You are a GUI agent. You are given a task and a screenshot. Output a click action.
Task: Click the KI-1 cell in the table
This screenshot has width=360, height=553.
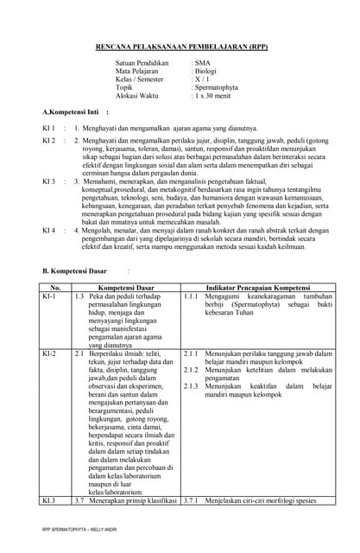pyautogui.click(x=49, y=296)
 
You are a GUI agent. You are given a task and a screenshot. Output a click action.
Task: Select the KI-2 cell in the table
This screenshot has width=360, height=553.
pyautogui.click(x=49, y=354)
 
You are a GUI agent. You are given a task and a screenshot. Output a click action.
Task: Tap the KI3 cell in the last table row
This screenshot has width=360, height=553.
pyautogui.click(x=48, y=500)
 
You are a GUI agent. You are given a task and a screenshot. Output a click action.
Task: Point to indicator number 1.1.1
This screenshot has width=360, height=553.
pyautogui.click(x=192, y=296)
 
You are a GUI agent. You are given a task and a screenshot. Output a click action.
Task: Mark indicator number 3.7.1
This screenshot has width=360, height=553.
pyautogui.click(x=192, y=500)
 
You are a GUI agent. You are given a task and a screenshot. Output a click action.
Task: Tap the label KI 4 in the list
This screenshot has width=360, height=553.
pyautogui.click(x=49, y=231)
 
